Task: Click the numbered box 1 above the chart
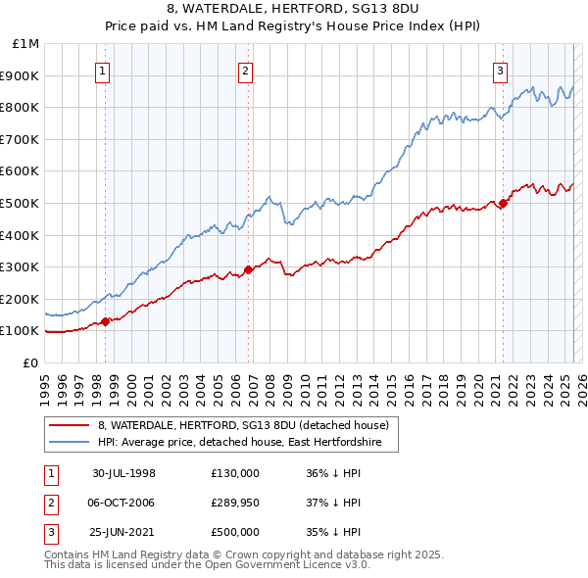point(103,70)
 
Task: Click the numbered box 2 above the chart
point(245,70)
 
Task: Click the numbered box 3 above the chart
point(500,70)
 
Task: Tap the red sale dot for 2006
point(249,269)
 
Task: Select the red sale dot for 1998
point(106,320)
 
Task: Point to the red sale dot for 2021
point(504,203)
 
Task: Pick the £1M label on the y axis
point(25,44)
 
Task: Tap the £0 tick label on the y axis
point(30,362)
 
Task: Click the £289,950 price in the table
point(234,503)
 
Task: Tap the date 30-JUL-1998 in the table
point(123,472)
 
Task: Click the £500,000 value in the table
point(234,533)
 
